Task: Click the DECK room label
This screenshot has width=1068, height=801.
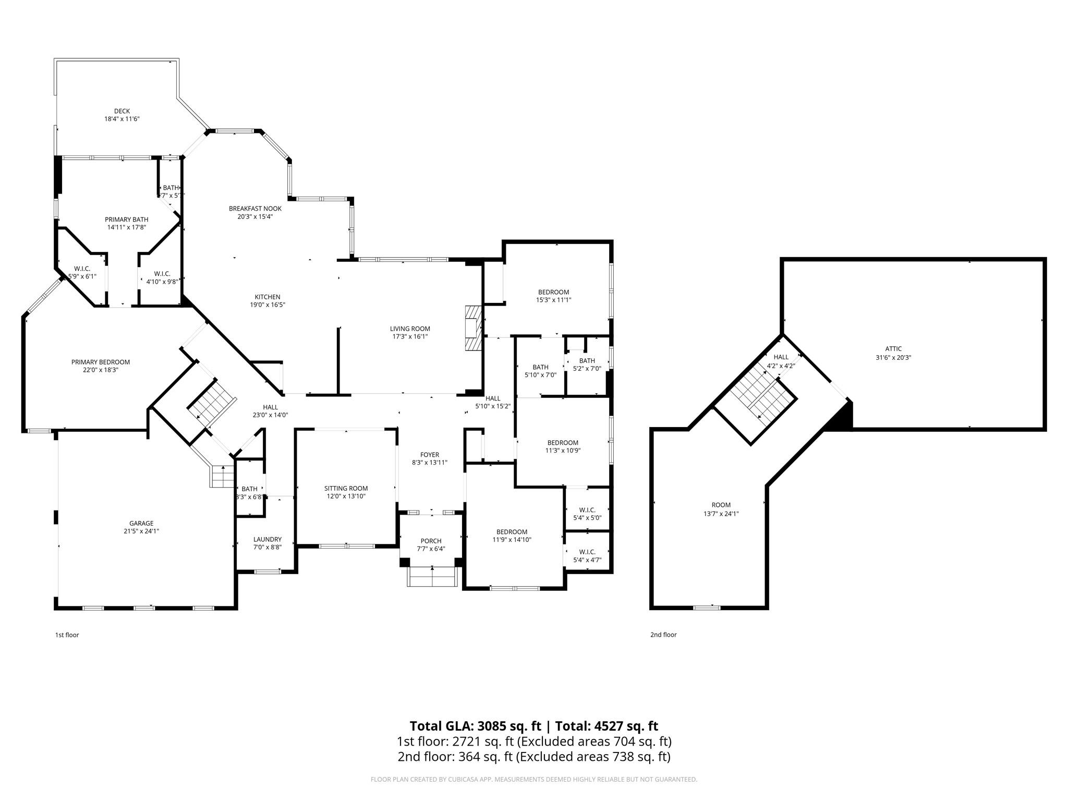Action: coord(122,111)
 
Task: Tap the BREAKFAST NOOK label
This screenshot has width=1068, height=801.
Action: coord(255,209)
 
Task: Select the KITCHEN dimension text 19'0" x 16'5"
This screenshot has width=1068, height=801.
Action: coord(268,305)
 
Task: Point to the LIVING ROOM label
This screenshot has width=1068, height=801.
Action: coord(410,329)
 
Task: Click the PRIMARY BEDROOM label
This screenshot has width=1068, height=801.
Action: coord(101,362)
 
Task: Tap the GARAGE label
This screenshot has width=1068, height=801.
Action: coord(141,523)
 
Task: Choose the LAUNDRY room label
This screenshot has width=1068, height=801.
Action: coord(268,539)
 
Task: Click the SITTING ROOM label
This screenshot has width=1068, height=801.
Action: coord(346,488)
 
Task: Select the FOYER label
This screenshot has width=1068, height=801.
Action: coord(430,455)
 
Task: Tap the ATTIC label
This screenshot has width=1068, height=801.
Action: coord(893,349)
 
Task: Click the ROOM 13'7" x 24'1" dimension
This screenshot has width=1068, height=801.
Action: coord(721,513)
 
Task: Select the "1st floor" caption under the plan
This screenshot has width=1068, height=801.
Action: coord(67,635)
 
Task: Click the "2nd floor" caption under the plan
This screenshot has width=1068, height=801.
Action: coord(663,635)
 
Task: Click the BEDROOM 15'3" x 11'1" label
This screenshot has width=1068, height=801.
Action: coord(553,292)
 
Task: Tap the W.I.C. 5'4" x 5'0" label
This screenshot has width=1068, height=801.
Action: coord(587,509)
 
